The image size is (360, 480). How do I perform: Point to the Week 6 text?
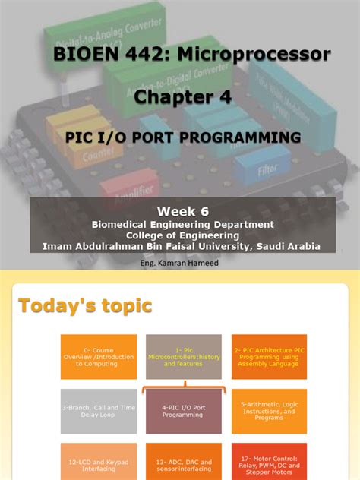coord(182,210)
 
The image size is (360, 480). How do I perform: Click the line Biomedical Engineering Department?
coord(182,225)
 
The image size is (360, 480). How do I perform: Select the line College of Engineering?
coord(182,235)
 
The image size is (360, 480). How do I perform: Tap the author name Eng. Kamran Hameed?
coord(180,263)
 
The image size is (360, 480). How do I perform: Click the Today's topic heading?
coord(85,305)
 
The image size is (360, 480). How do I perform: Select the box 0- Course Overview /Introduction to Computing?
coord(99,357)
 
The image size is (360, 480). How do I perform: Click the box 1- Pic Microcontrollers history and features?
coord(184,357)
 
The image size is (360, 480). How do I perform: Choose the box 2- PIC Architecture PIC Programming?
coord(269,357)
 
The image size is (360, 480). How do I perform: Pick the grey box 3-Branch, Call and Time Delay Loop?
coord(99,411)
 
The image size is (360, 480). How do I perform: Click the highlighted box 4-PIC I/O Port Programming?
coord(184,411)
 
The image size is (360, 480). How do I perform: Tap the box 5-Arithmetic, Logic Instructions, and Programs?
coord(269,411)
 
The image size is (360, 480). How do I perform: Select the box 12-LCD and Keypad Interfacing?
coord(99,462)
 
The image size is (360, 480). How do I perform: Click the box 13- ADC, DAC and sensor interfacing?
coord(184,462)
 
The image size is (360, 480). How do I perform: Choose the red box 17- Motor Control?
coord(269,462)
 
